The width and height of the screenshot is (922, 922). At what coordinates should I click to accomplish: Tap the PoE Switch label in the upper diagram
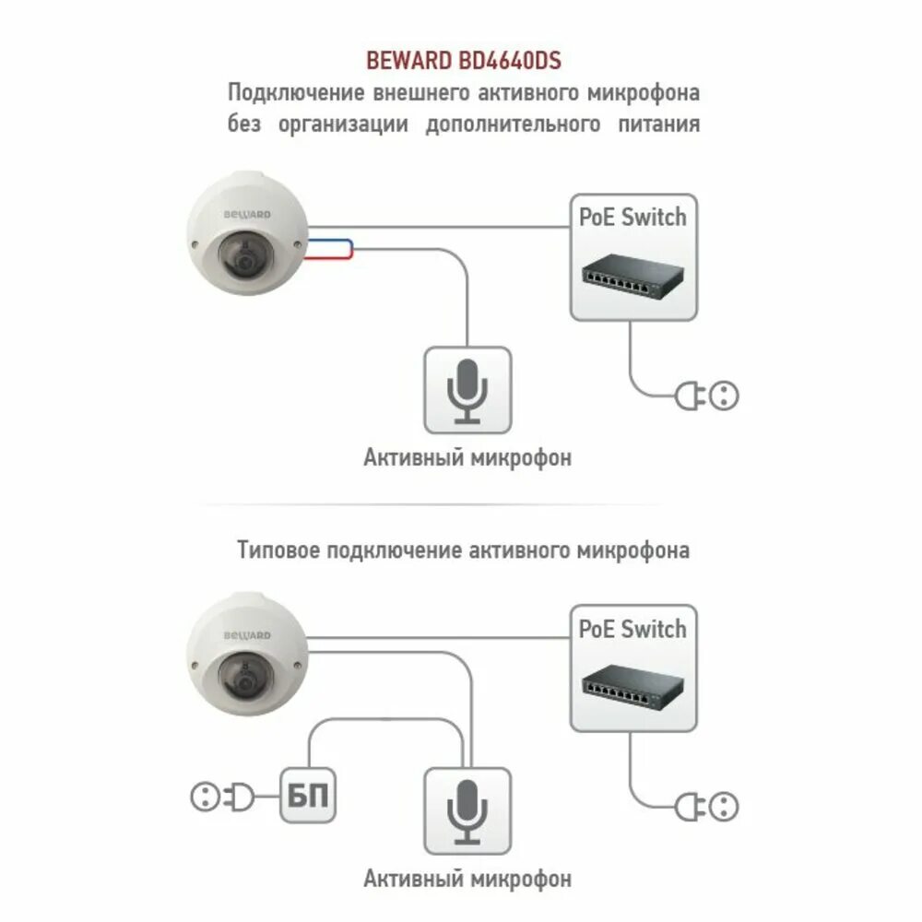[632, 218]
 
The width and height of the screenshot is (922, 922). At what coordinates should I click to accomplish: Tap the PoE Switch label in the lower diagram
[632, 630]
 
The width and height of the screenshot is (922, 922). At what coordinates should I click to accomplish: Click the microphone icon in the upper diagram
[467, 390]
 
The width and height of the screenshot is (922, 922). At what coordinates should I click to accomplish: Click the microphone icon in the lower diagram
[467, 809]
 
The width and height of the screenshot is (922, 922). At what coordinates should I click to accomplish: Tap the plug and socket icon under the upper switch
[707, 396]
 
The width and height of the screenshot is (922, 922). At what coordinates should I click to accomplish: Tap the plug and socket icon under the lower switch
[707, 809]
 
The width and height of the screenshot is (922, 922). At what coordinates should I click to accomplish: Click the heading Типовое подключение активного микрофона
[463, 550]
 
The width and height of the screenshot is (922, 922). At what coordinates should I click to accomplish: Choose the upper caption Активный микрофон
[467, 457]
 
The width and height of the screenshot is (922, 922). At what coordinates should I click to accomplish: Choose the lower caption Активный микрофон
[467, 878]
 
